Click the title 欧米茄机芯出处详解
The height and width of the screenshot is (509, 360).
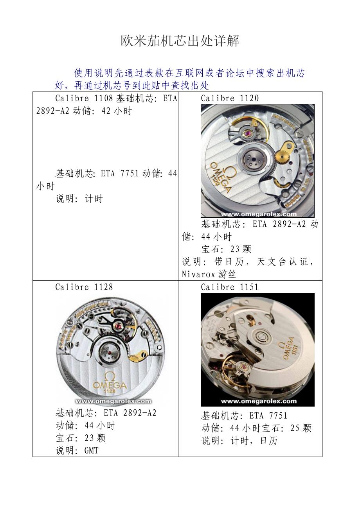click(x=180, y=41)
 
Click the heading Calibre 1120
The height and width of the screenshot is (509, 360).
click(x=230, y=99)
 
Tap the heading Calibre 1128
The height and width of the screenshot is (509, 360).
click(x=84, y=287)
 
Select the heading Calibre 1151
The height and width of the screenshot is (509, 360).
click(x=230, y=287)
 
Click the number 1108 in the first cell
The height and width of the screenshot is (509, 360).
click(x=103, y=99)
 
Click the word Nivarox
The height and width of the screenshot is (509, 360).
click(x=198, y=274)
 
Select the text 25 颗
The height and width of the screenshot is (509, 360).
click(x=301, y=428)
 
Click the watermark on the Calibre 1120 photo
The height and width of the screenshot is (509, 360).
click(x=259, y=214)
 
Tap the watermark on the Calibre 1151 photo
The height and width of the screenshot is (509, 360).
click(x=259, y=401)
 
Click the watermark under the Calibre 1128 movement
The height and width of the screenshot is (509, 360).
click(x=113, y=401)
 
